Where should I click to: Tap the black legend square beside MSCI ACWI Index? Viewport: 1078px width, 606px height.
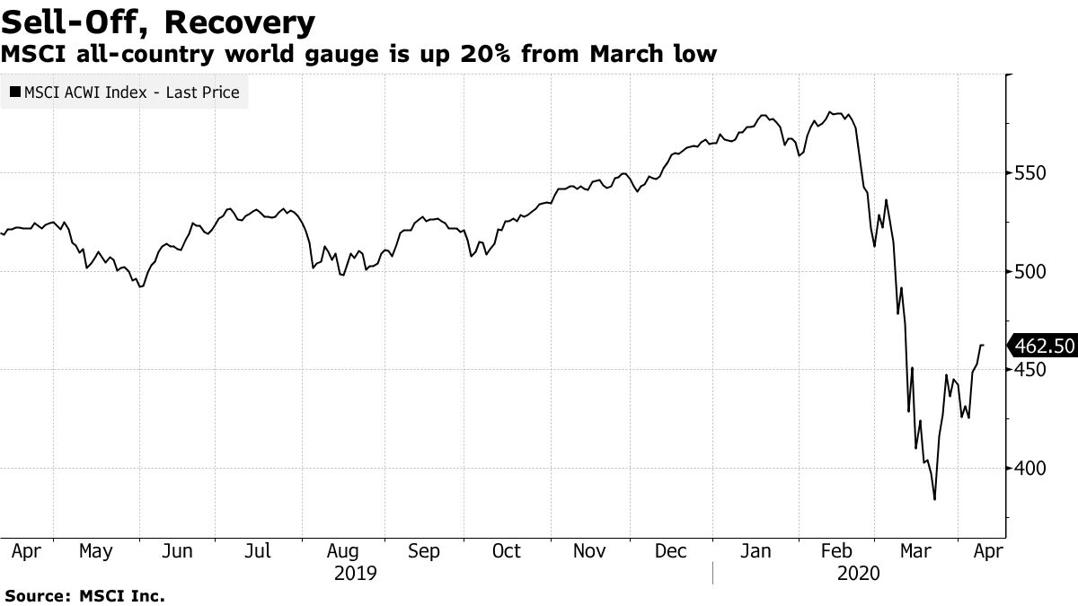tap(15, 92)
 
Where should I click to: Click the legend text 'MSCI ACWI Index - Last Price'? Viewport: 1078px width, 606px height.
tap(131, 92)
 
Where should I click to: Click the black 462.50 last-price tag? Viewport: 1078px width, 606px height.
tap(1042, 346)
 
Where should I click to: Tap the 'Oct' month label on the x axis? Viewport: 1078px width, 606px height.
tap(507, 551)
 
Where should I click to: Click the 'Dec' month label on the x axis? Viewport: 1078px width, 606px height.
tap(671, 551)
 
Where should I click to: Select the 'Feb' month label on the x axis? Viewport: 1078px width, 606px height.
tap(836, 551)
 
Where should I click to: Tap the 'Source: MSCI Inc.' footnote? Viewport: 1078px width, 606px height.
tap(84, 595)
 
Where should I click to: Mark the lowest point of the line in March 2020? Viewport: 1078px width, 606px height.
tap(935, 499)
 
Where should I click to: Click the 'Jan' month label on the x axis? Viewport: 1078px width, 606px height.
tap(755, 551)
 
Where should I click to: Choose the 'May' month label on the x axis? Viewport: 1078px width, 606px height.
tap(96, 551)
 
